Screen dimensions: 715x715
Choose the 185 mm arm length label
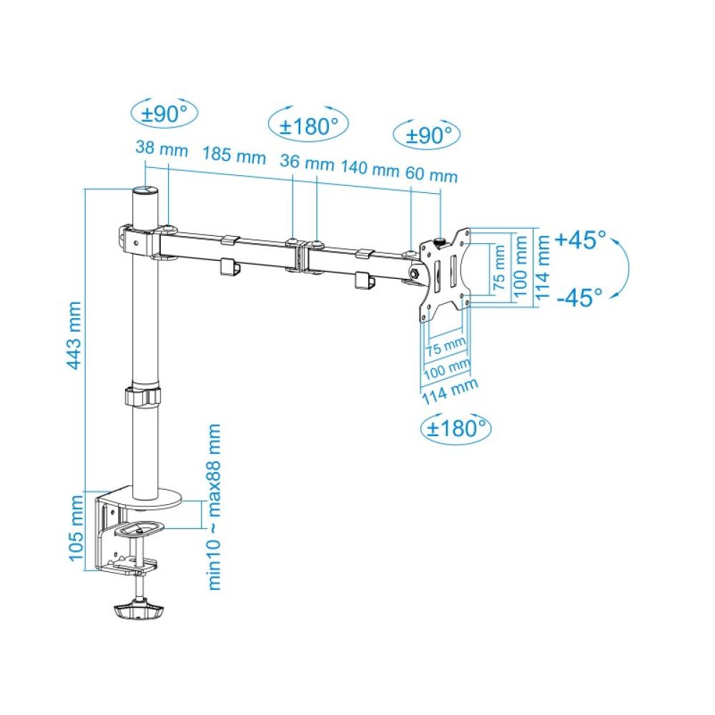[233, 155]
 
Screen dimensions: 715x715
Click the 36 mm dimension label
[297, 161]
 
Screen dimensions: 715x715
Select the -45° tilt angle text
[579, 297]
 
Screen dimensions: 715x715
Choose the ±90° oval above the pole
[165, 112]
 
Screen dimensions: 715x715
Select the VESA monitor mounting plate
[444, 275]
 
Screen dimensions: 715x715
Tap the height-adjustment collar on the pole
[142, 397]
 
